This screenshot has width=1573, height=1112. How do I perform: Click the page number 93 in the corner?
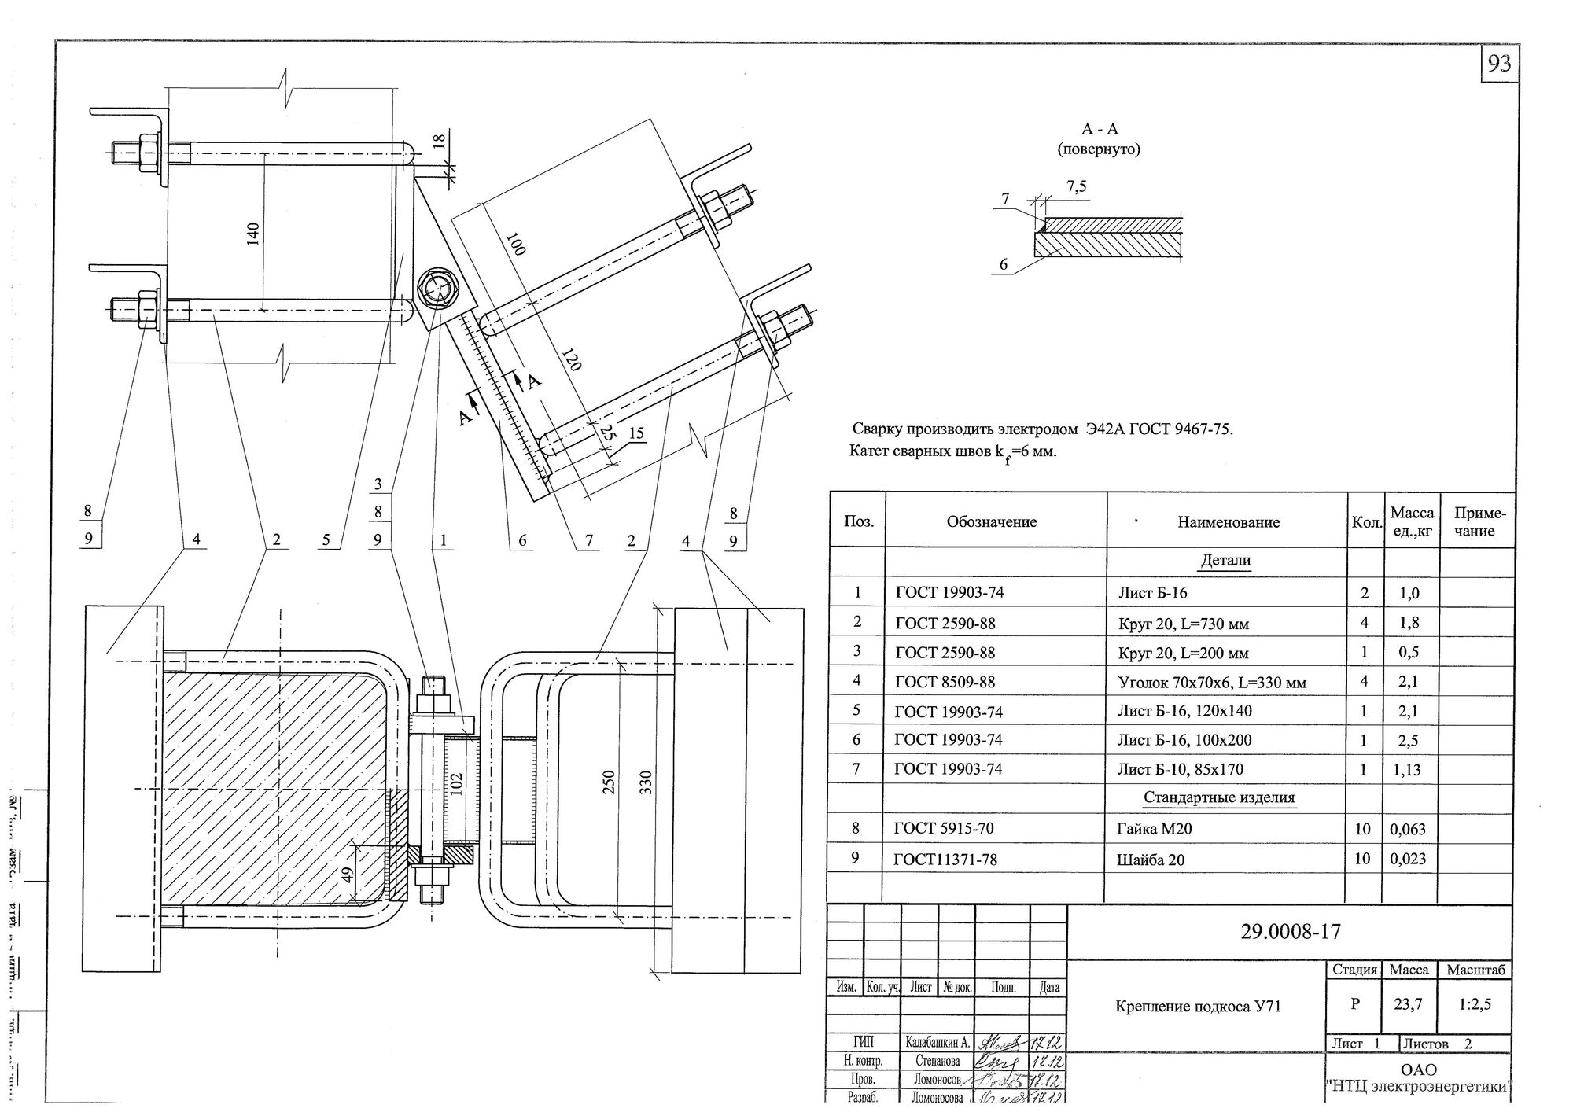(x=1499, y=63)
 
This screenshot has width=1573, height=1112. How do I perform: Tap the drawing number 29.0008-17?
(x=1290, y=932)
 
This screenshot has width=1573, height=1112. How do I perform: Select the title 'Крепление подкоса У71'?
(x=1198, y=1006)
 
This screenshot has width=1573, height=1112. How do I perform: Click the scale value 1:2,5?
(x=1475, y=1003)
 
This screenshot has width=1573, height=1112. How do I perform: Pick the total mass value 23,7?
(x=1408, y=1003)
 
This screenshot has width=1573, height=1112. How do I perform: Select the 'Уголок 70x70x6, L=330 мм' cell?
(x=1212, y=683)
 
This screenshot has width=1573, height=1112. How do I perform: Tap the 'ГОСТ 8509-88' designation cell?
(x=945, y=682)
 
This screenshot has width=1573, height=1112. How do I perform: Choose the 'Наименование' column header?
(x=1229, y=522)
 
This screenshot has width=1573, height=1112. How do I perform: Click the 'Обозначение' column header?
(x=992, y=522)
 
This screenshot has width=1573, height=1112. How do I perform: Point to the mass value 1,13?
(x=1407, y=770)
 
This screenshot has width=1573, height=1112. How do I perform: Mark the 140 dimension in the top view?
(x=253, y=232)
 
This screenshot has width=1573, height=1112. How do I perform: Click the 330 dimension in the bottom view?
(x=646, y=783)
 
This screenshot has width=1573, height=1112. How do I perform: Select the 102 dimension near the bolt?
(x=457, y=784)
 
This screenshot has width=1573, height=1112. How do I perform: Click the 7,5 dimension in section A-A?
(x=1077, y=186)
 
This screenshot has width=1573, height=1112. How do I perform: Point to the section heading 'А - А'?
(x=1099, y=129)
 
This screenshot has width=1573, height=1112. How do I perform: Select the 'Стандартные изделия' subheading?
(x=1218, y=798)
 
